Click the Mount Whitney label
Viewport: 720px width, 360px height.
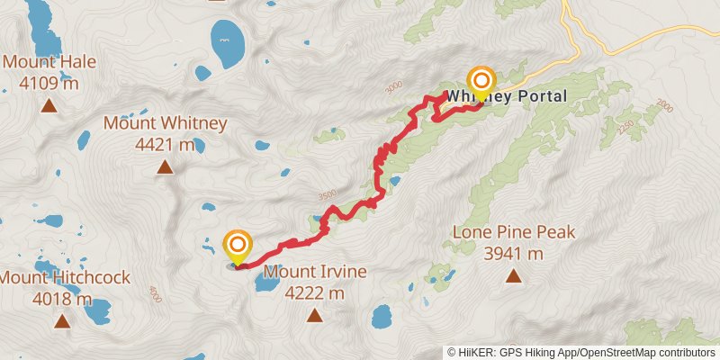(x=165, y=123)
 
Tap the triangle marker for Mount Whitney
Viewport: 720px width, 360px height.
(x=165, y=166)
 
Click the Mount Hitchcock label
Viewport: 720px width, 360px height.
(x=65, y=278)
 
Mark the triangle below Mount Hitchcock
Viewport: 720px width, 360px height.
(x=62, y=320)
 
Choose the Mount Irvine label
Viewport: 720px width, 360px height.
(x=314, y=271)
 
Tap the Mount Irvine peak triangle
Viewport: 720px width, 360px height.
(x=314, y=314)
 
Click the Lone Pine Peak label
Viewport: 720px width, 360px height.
(x=514, y=232)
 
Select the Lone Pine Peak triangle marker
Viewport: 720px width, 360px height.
(x=514, y=275)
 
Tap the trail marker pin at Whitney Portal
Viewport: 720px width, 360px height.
(x=481, y=84)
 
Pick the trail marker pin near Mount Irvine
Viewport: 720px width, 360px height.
(x=238, y=247)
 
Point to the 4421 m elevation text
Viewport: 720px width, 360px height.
(x=165, y=143)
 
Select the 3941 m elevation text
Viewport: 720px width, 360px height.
(x=514, y=253)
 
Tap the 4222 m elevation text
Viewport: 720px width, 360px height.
(x=314, y=292)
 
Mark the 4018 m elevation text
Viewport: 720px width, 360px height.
(x=62, y=299)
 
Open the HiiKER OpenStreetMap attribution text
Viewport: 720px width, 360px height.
(x=581, y=353)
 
